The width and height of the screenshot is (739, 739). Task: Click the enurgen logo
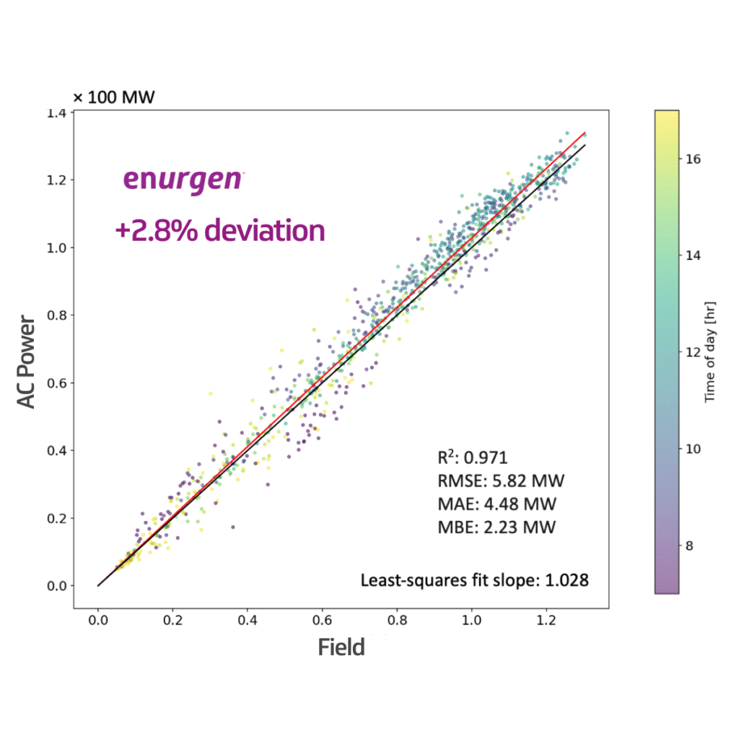click(182, 178)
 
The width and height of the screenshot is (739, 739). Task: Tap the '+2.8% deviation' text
click(219, 230)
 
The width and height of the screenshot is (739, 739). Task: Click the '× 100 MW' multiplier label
click(113, 97)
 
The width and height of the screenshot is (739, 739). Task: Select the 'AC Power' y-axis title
click(27, 360)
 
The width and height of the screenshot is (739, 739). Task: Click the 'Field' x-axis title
click(341, 647)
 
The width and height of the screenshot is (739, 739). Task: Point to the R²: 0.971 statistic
click(473, 457)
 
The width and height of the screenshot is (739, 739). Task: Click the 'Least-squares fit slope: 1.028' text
click(474, 580)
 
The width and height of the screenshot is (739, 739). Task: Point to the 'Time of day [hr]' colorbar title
click(710, 351)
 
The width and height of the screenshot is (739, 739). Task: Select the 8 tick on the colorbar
click(688, 546)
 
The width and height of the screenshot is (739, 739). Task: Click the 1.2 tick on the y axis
click(61, 180)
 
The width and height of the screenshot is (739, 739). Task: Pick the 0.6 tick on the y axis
click(61, 382)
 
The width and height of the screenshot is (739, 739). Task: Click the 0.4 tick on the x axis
click(247, 619)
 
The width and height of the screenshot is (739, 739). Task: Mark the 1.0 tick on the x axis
click(471, 619)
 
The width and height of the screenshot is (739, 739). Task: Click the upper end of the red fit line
click(585, 134)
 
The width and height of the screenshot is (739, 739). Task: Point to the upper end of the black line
click(585, 145)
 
